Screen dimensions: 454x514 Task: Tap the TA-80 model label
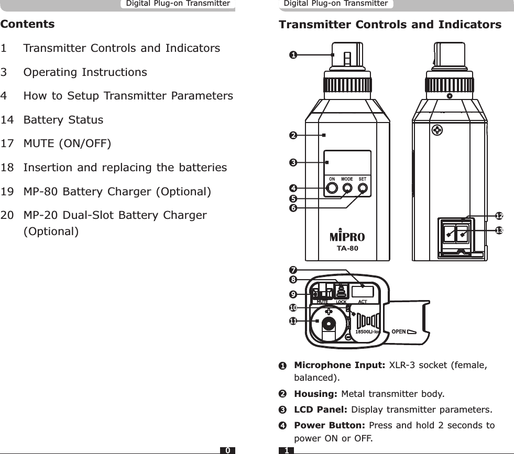coord(347,248)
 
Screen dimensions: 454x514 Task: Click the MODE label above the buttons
coord(347,179)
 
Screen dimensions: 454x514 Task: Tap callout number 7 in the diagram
coord(293,270)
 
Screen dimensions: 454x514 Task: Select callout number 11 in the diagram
coord(293,320)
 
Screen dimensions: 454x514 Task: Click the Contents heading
coord(28,24)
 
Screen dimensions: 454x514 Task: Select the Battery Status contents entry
coord(63,120)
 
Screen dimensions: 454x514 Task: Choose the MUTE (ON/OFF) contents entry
coord(67,143)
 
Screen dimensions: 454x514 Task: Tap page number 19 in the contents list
coord(7,192)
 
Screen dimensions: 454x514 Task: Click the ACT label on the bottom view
coord(362,302)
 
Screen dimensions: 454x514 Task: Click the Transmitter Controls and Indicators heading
coord(390,25)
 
